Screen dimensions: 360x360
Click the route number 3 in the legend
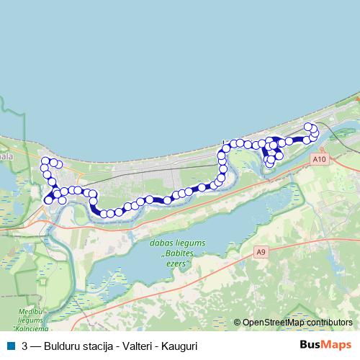25,346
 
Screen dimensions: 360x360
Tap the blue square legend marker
9,346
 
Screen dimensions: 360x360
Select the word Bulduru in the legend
61,346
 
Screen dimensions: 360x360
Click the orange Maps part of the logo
336,345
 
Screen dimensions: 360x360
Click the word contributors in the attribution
330,323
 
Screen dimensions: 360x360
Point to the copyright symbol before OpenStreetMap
238,323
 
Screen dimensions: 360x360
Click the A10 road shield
320,159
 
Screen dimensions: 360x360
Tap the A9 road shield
261,252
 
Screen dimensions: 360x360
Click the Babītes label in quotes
176,255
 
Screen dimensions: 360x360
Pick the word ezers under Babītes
177,264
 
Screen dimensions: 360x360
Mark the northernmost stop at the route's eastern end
309,127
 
